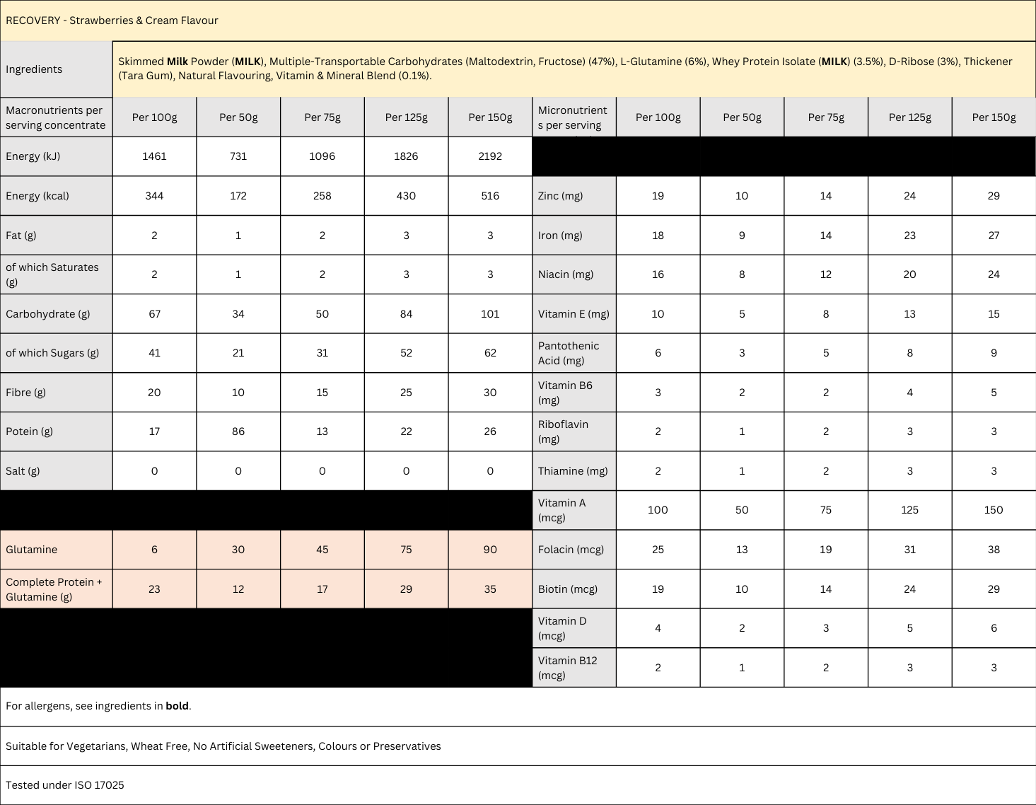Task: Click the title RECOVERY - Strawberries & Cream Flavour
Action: click(x=112, y=21)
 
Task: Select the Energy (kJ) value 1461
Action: click(x=154, y=156)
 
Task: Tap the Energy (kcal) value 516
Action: click(x=490, y=196)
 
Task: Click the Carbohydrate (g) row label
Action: click(x=48, y=314)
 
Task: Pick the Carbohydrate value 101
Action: click(x=490, y=314)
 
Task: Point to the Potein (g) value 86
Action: click(x=238, y=432)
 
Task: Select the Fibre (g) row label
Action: click(x=25, y=393)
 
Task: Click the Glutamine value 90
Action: click(x=490, y=550)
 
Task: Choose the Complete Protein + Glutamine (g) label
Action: click(x=54, y=589)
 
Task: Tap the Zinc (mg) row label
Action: click(x=560, y=196)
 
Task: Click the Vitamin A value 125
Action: click(x=909, y=510)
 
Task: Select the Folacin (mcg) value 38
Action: click(x=994, y=550)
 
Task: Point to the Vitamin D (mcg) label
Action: click(x=562, y=628)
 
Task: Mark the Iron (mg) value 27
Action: click(x=994, y=236)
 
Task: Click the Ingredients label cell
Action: click(x=34, y=69)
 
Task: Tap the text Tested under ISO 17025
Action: click(x=65, y=785)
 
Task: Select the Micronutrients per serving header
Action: click(x=572, y=117)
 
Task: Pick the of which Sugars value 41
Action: click(x=154, y=353)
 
